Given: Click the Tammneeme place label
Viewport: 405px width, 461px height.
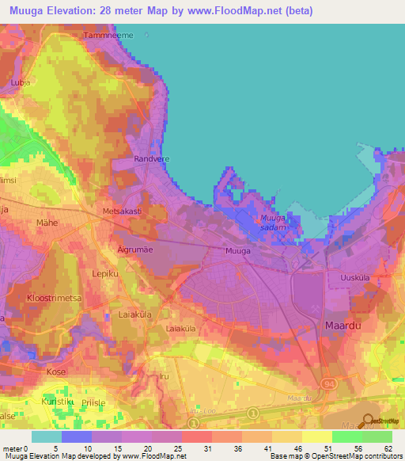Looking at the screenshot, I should click(108, 36).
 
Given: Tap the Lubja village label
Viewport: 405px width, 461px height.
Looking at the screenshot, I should click(19, 82).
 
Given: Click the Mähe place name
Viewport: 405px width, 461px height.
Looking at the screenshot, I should click(47, 223).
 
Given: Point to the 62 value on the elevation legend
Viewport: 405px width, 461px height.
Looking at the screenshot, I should click(386, 448).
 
